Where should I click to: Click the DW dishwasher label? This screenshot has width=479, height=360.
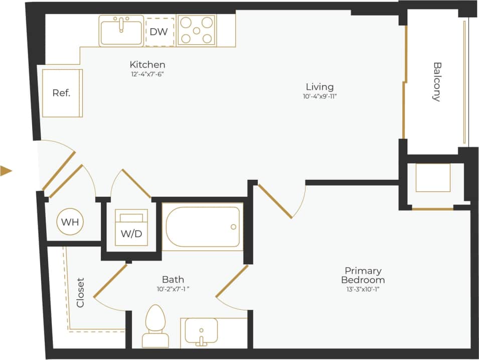pos(158,32)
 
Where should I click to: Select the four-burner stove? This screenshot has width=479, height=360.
pos(196,30)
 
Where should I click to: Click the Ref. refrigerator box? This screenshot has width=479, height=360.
pos(62,93)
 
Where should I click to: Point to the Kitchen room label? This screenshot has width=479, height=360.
pos(147,65)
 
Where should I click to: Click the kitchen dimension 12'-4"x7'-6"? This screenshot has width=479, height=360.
pos(147,74)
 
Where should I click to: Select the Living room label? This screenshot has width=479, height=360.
pos(320,87)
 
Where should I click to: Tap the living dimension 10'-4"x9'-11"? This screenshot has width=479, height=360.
pos(320,96)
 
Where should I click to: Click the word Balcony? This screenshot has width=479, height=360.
pos(437,82)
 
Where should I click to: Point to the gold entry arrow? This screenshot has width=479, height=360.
pos(6,171)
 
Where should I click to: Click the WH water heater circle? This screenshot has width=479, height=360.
pos(70,222)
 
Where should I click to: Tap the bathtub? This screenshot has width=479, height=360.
pos(203,226)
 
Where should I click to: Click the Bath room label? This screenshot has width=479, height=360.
pos(173,280)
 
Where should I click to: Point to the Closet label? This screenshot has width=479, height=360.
pos(80,293)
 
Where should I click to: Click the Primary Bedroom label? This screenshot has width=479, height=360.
pos(363,275)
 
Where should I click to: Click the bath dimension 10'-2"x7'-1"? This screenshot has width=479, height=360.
pos(173,289)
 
